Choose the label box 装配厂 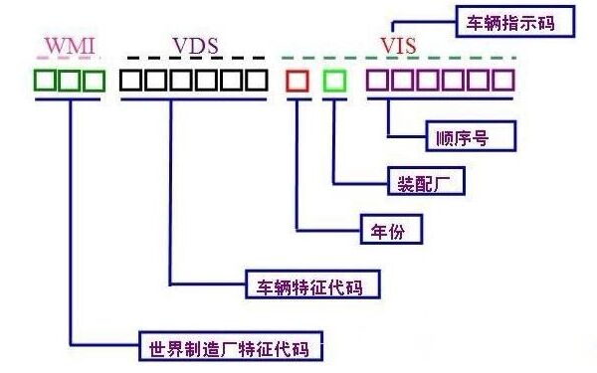(x=425, y=183)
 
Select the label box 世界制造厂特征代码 (x=231, y=349)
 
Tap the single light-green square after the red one (x=335, y=80)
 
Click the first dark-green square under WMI (x=46, y=80)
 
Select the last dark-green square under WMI (x=94, y=80)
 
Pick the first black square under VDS (x=130, y=80)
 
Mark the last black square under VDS (x=256, y=80)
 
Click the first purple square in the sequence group (x=378, y=80)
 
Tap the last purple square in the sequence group (x=503, y=80)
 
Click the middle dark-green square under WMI (x=70, y=80)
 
